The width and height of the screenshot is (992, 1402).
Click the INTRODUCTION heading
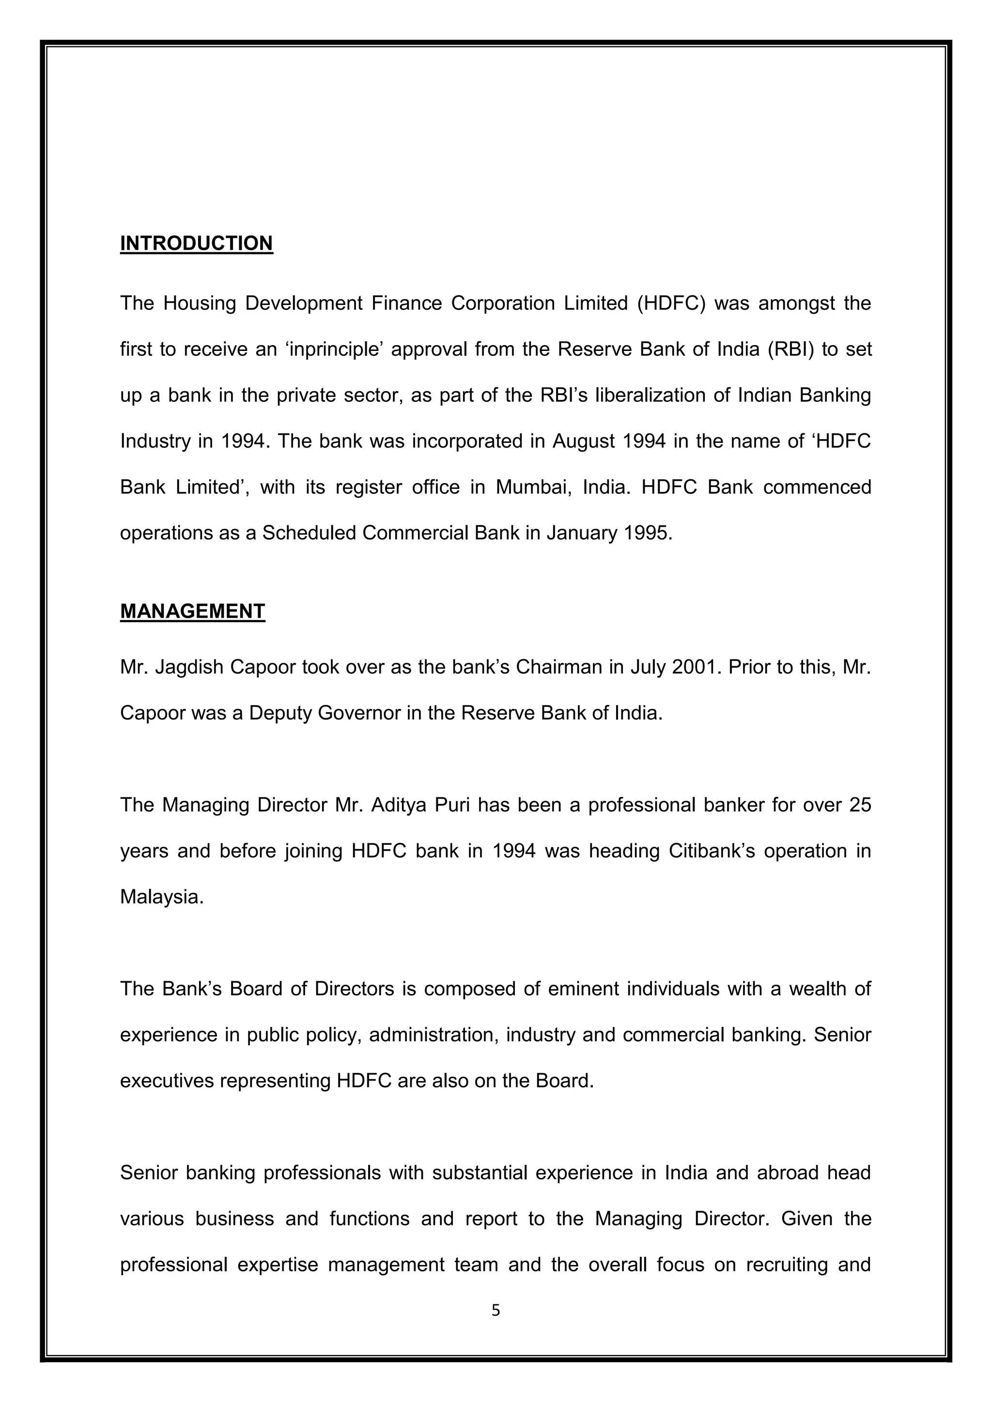[196, 243]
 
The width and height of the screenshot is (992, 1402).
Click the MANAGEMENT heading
[192, 611]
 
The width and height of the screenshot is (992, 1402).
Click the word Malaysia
[161, 897]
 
